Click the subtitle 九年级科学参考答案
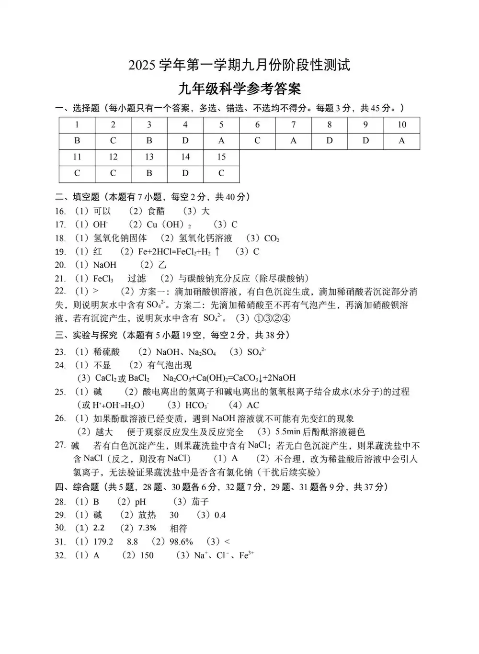pos(239,89)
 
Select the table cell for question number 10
pos(401,125)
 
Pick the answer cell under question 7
pos(293,141)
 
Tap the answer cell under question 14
pos(185,173)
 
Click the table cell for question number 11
pos(77,157)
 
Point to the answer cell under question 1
pos(77,141)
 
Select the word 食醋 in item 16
pos(156,211)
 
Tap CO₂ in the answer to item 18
pos(272,238)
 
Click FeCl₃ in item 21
pos(103,279)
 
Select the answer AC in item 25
pos(252,405)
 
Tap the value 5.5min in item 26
pos(287,432)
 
